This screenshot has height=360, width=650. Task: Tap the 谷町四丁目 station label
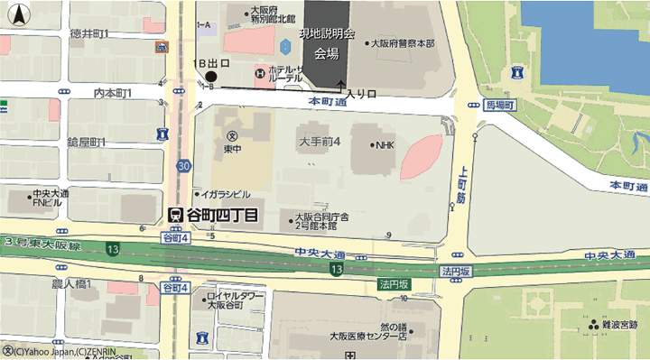220,215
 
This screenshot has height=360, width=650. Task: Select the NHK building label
384,144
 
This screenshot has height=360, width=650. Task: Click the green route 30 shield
184,166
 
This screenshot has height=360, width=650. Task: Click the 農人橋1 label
70,283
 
